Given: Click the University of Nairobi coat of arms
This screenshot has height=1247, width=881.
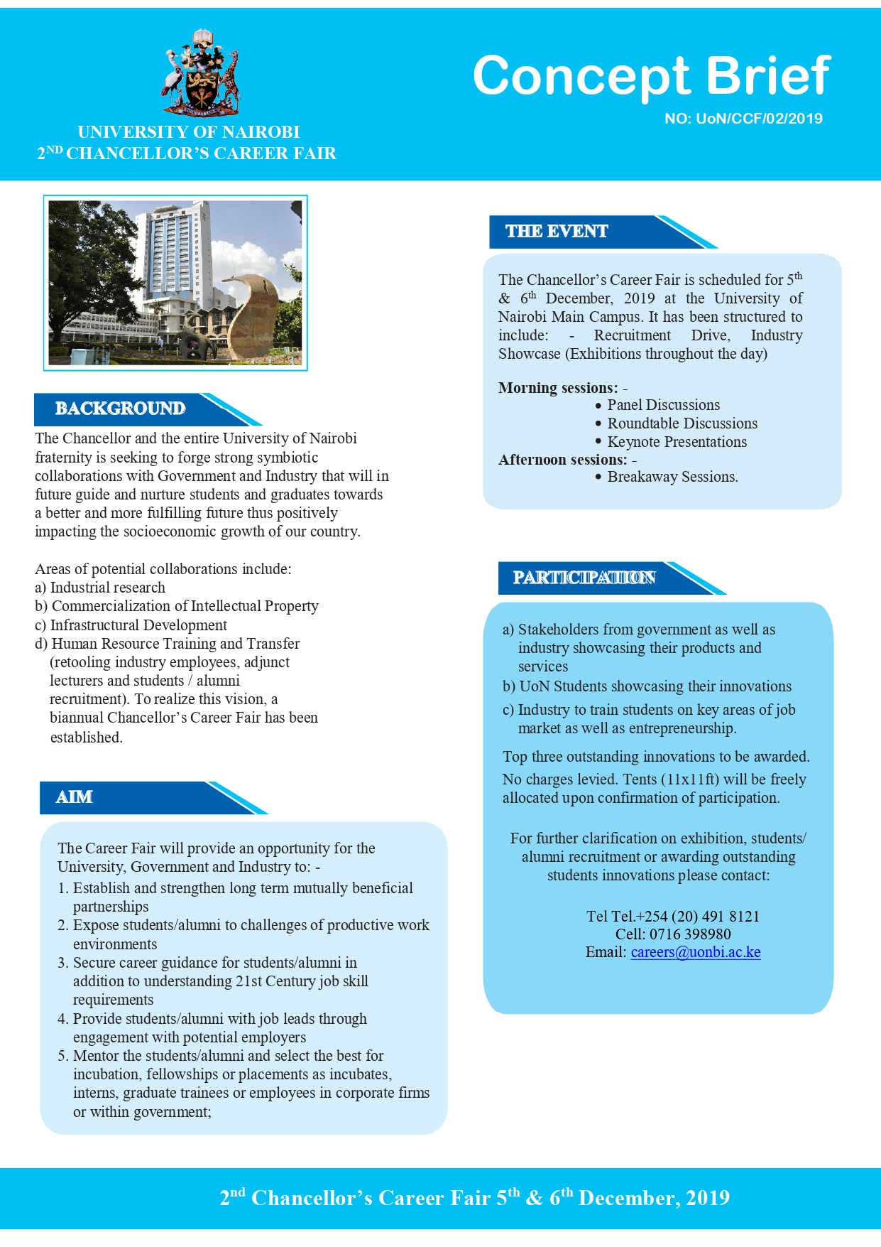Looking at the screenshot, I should coord(202,72).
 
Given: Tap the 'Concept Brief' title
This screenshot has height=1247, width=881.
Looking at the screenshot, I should coord(651,75).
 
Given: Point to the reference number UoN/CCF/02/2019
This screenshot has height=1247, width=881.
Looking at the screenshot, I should coord(743,119).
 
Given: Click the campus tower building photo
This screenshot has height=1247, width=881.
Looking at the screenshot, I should coord(175,282).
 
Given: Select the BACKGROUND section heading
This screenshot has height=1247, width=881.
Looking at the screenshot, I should coord(120,409).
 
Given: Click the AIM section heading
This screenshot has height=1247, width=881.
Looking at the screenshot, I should coord(75,797).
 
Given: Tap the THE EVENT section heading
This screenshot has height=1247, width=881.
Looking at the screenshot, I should coord(557,232).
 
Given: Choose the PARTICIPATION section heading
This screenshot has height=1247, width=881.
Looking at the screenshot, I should coord(584,578).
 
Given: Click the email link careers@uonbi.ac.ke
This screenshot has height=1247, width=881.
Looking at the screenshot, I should coord(696,952).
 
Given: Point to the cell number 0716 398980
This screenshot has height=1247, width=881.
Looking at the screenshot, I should coord(690,934).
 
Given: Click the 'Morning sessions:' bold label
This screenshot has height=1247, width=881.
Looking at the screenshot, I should coord(558,388).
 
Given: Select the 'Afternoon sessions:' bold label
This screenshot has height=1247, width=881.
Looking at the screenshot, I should coord(562,460).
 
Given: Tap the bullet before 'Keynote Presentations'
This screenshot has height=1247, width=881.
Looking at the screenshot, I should coord(598,442).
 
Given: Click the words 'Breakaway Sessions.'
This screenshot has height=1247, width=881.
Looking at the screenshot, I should coord(672,477).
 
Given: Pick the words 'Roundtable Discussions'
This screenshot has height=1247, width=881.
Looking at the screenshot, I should coord(682,423).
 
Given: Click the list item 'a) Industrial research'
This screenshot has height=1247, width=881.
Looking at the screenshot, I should coord(100,588).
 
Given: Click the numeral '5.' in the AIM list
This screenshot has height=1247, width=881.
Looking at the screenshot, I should coord(62,1056).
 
